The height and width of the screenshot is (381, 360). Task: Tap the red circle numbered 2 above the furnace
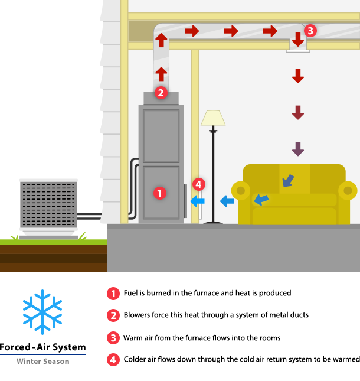161,92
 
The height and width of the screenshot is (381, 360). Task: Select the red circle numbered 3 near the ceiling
310,30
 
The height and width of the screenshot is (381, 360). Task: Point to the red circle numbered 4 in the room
198,184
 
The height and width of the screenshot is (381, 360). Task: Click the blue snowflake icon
42,312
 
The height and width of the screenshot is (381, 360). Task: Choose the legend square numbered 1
113,294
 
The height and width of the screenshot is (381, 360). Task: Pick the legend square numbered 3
113,338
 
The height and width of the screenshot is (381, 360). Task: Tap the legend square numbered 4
113,360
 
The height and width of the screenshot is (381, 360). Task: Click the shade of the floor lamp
213,118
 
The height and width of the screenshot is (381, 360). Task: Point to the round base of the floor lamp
213,222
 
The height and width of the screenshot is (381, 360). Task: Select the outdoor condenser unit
48,204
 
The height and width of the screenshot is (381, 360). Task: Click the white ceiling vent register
298,51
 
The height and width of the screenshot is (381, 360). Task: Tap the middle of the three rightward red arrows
231,31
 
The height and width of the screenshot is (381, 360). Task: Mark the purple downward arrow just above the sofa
298,149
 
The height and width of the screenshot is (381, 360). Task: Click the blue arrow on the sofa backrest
287,180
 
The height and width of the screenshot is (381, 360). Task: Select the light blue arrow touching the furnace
197,201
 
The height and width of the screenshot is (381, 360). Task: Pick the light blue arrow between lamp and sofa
227,201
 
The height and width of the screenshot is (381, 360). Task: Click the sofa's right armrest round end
348,191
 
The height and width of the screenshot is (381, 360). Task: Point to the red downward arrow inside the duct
298,39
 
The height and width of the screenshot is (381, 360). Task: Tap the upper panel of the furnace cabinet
161,136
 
